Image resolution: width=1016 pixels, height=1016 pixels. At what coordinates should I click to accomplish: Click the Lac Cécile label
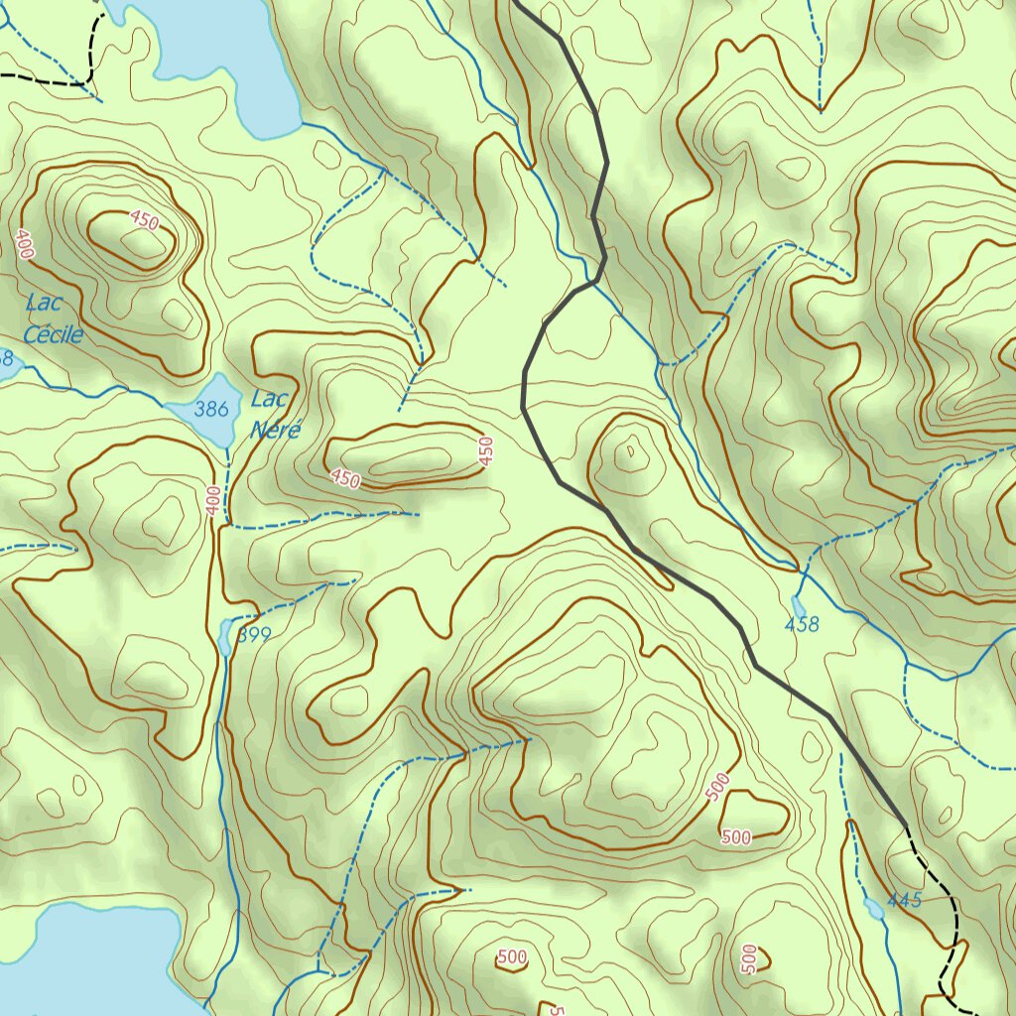pos(52,318)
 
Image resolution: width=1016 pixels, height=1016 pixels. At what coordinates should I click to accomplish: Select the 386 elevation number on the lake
pos(211,408)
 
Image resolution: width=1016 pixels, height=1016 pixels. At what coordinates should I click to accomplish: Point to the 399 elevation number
pos(254,635)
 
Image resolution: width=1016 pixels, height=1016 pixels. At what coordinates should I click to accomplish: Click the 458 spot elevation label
pos(802,624)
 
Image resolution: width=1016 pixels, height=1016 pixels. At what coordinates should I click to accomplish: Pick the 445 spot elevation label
pos(905,900)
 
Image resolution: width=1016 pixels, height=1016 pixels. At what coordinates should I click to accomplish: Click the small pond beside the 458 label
pos(798,605)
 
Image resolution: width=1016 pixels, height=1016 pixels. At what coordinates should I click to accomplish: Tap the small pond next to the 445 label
pos(874,908)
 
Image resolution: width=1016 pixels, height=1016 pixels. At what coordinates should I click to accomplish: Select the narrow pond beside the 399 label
pos(225,637)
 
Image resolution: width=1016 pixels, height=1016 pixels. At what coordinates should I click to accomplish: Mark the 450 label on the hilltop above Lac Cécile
pos(144,221)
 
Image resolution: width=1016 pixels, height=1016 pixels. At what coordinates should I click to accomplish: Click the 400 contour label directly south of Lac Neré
pos(213,501)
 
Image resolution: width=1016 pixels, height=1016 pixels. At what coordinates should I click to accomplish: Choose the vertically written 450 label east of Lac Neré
pos(485,451)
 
